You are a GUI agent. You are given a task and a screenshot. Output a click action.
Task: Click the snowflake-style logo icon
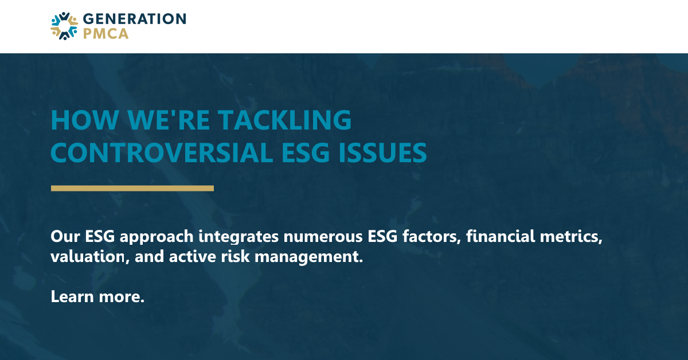(x=64, y=26)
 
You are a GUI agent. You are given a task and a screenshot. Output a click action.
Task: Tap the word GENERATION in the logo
(x=134, y=19)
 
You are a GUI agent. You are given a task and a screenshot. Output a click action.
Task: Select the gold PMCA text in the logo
(x=105, y=34)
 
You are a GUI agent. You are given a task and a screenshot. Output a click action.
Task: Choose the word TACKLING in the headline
(x=284, y=120)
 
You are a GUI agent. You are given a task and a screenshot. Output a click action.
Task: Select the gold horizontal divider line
(x=132, y=188)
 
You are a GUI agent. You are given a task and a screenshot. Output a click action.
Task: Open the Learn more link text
(x=97, y=296)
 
